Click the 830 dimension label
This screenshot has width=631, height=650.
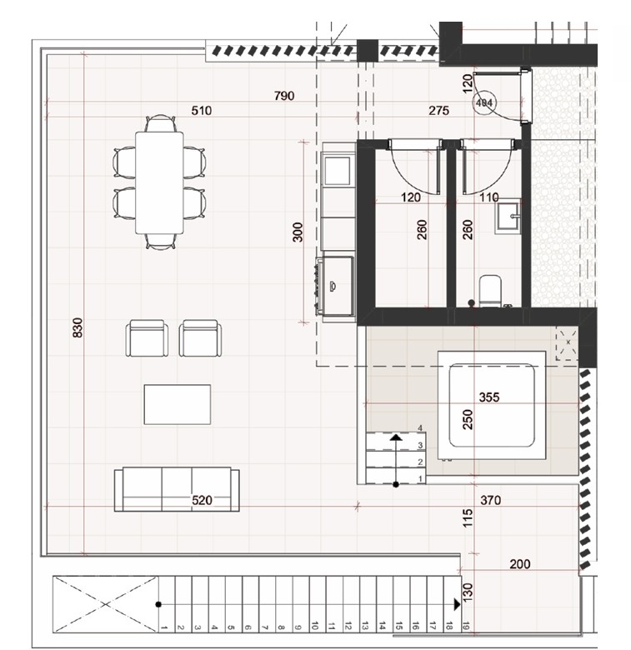pyautogui.click(x=78, y=327)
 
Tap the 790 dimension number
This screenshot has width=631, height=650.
pyautogui.click(x=284, y=96)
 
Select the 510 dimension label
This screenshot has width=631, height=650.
pyautogui.click(x=202, y=111)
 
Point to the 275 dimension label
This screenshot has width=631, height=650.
pyautogui.click(x=438, y=111)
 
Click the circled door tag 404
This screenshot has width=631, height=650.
pyautogui.click(x=484, y=102)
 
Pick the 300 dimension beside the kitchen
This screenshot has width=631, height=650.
pyautogui.click(x=298, y=232)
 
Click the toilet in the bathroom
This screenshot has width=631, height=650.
pyautogui.click(x=490, y=291)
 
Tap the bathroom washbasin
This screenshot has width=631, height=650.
pyautogui.click(x=508, y=216)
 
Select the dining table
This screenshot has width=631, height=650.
pyautogui.click(x=159, y=182)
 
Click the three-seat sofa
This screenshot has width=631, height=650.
pyautogui.click(x=177, y=489)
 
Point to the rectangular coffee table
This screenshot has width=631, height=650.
pyautogui.click(x=178, y=405)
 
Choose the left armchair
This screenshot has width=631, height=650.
pyautogui.click(x=148, y=337)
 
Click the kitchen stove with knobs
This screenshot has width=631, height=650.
pyautogui.click(x=335, y=286)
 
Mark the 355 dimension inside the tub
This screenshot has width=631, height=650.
pyautogui.click(x=489, y=397)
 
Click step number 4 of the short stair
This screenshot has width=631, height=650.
pyautogui.click(x=420, y=428)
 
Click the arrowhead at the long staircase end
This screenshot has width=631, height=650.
pyautogui.click(x=457, y=604)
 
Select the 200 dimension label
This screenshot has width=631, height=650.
pyautogui.click(x=520, y=564)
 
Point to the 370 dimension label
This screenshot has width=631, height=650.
pyautogui.click(x=490, y=500)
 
